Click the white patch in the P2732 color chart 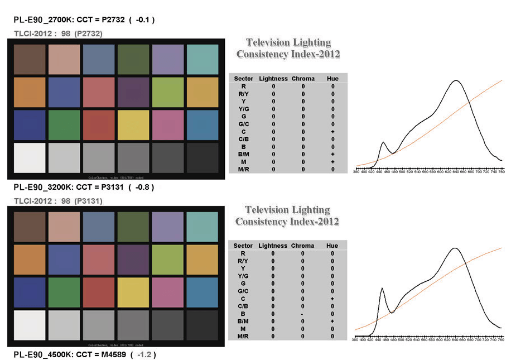click(29, 159)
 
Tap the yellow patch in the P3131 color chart click(133, 291)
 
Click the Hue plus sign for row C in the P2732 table click(332, 131)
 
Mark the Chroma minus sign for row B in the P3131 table click(303, 314)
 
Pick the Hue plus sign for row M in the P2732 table click(332, 161)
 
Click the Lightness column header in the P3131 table click(273, 246)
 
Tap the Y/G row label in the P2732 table click(244, 109)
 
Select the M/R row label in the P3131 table click(243, 337)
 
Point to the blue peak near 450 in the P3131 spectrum click(382, 289)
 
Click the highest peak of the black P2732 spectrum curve click(457, 81)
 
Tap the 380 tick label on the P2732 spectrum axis click(356, 172)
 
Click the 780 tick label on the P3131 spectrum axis click(501, 340)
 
